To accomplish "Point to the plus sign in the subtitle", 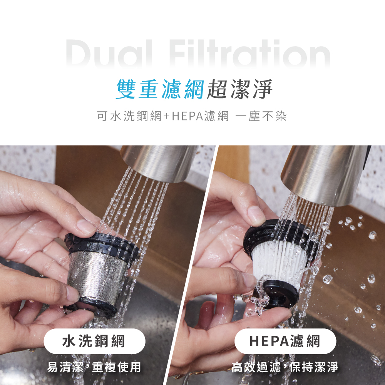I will tap(167, 116).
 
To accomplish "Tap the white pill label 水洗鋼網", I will tap(94, 341).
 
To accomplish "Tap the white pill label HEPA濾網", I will tap(285, 341).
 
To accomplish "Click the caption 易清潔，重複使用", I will tap(94, 367).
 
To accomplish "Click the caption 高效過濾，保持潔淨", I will tap(285, 367).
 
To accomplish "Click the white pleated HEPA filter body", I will tap(277, 262).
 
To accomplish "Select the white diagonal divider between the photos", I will tap(192, 266).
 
